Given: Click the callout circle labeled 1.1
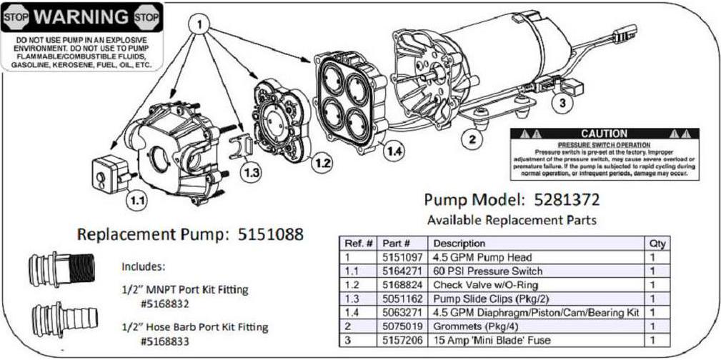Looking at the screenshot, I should click(x=135, y=201).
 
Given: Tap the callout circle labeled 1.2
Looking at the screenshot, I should click(x=323, y=164).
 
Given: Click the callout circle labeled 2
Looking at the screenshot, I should click(x=471, y=138).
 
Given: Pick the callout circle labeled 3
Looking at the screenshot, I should click(x=562, y=102).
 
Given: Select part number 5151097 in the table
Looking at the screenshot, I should click(x=402, y=257).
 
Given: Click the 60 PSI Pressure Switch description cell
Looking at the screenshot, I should click(x=487, y=271).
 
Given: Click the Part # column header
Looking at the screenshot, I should click(x=396, y=244).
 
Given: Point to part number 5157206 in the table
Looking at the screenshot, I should click(x=402, y=340).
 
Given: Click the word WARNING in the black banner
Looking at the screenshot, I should click(x=82, y=16).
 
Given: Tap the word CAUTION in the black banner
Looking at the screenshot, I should click(x=604, y=134).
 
